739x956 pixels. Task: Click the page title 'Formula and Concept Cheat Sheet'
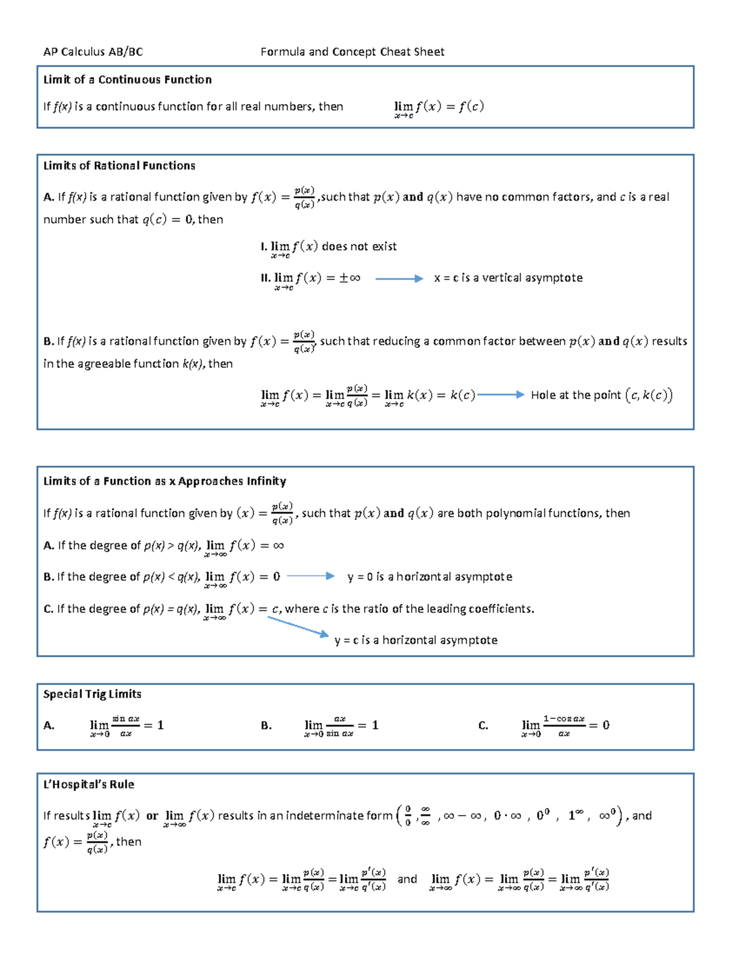point(352,52)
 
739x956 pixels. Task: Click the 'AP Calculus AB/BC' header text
point(93,52)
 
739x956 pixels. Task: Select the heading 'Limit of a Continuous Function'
point(127,79)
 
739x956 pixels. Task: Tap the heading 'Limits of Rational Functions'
point(119,166)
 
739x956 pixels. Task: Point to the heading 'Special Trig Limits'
point(92,694)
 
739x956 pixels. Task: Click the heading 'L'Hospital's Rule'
point(89,784)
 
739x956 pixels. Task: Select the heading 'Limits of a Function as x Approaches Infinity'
point(164,481)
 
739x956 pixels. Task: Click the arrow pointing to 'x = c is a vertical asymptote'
point(399,279)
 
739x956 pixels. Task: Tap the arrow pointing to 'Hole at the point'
point(501,395)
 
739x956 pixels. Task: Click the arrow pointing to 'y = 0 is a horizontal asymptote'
point(311,576)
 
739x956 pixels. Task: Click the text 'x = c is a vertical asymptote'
point(508,278)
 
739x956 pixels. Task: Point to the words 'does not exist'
point(359,246)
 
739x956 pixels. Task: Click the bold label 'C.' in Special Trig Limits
point(483,725)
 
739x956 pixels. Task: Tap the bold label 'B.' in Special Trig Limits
point(266,725)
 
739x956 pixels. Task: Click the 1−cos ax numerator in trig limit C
point(563,718)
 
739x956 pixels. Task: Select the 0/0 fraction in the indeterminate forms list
point(408,816)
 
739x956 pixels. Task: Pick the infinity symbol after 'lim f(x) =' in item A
point(278,545)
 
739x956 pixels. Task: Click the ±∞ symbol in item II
point(350,278)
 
